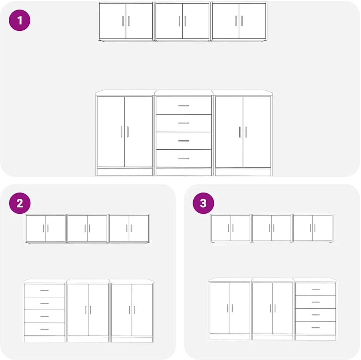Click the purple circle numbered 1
(x=20, y=20)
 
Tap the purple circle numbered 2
(x=20, y=203)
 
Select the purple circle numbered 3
(x=203, y=203)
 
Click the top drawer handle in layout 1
(x=184, y=106)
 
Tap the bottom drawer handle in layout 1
(x=184, y=158)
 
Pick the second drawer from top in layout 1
(x=184, y=123)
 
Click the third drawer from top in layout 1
(x=184, y=140)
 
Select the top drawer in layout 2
(x=45, y=290)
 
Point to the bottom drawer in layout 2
(x=45, y=329)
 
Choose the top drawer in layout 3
(x=316, y=289)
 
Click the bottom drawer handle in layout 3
(x=316, y=327)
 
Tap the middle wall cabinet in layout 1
(x=182, y=22)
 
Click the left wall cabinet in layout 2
(x=46, y=229)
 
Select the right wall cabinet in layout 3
(x=313, y=228)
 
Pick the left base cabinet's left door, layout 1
(x=111, y=132)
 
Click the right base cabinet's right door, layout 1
(x=257, y=132)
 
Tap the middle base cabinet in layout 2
(x=88, y=311)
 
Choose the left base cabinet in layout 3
(x=230, y=309)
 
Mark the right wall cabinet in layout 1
(x=239, y=22)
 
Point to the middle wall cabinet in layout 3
(x=272, y=228)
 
